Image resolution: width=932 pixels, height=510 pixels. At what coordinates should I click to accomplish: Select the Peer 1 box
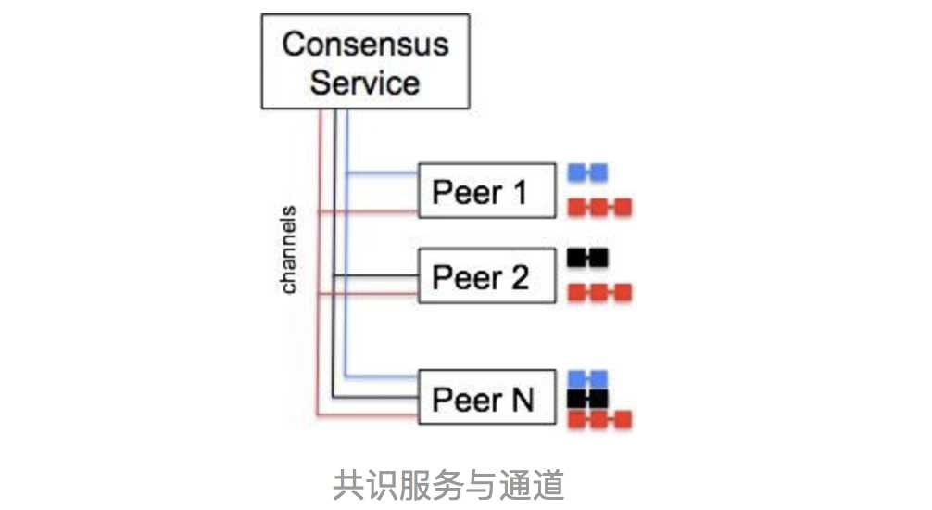[486, 191]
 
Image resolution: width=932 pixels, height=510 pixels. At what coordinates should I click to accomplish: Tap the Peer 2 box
[486, 275]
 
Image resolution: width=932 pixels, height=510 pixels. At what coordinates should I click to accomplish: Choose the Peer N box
[486, 398]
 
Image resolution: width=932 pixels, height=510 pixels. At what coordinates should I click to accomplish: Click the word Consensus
[365, 45]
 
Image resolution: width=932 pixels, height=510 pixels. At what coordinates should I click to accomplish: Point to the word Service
[364, 83]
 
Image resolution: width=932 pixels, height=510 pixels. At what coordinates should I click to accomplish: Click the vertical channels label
[289, 249]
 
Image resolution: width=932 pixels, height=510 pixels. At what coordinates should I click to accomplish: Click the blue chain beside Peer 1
[587, 172]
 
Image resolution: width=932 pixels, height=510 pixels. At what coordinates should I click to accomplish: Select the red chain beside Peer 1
[598, 206]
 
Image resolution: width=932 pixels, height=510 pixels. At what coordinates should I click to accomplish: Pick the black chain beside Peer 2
[587, 256]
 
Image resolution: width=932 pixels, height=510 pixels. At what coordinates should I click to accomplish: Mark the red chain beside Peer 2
[598, 292]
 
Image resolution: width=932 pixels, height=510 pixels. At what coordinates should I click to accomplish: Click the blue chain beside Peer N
[587, 377]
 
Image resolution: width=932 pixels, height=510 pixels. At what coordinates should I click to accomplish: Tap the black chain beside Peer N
[587, 399]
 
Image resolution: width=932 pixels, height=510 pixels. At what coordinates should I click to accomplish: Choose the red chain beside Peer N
[598, 420]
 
